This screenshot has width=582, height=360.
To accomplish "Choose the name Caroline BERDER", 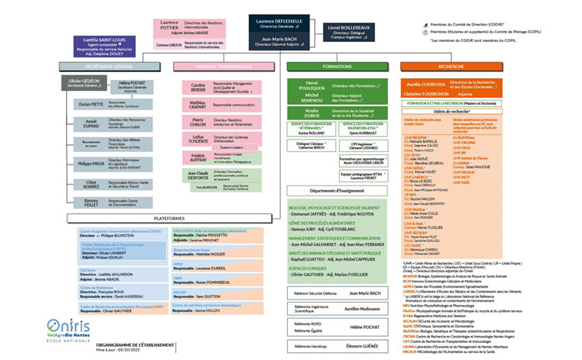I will click(x=198, y=87).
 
